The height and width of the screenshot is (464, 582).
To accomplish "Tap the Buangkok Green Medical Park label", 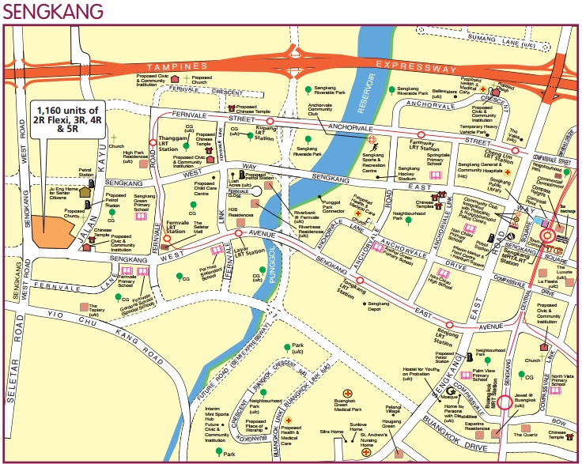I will point(346,405).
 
